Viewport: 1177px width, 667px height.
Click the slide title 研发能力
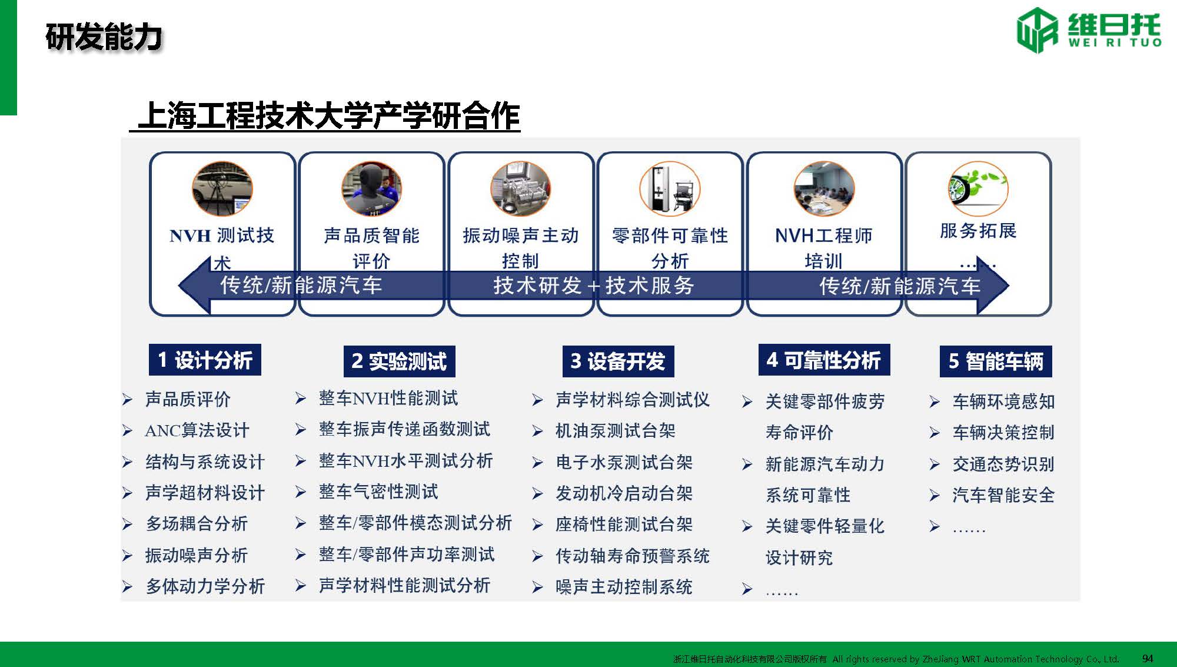(104, 37)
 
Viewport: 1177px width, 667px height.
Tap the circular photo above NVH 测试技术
(222, 188)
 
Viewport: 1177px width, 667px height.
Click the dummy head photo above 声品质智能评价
(371, 188)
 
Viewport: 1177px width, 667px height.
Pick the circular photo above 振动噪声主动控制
(520, 188)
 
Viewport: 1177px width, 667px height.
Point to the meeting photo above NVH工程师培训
(824, 188)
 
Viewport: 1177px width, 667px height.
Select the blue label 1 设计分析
(205, 360)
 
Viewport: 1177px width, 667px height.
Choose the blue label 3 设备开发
(618, 361)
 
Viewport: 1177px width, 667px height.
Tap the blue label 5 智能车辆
(996, 361)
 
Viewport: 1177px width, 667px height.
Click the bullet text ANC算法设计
(197, 430)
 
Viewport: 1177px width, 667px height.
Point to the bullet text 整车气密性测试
(378, 492)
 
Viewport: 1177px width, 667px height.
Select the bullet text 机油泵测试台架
(616, 431)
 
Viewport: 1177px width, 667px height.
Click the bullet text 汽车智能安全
(1003, 495)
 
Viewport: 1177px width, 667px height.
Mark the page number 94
(1148, 658)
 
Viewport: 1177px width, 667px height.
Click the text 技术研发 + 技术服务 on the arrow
(593, 286)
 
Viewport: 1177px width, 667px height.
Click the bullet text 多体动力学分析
(205, 586)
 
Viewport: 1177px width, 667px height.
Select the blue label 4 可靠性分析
(824, 360)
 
